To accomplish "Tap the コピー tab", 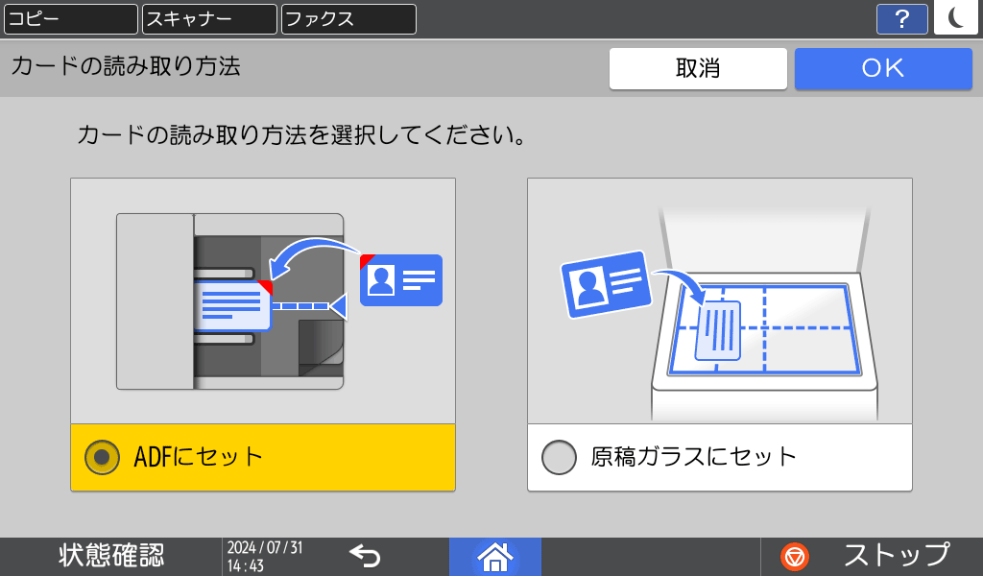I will click(x=70, y=19).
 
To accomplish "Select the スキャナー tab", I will click(x=209, y=19).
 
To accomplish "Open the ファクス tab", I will click(x=348, y=19).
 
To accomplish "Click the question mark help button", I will click(x=901, y=19).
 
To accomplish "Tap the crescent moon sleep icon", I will click(x=955, y=18).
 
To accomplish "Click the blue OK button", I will click(x=882, y=68).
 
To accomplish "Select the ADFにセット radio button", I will click(x=102, y=457).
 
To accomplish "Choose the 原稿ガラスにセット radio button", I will click(x=559, y=457).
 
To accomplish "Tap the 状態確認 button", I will click(x=111, y=556).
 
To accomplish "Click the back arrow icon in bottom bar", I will click(x=365, y=556).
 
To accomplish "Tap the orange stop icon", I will click(x=795, y=556).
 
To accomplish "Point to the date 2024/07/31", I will click(x=265, y=547).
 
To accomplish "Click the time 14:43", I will click(x=245, y=566).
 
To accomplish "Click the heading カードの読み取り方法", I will click(x=126, y=66).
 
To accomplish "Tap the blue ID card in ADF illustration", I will click(x=401, y=279).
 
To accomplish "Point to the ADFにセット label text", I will click(x=199, y=457).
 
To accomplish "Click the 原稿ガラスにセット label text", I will click(x=693, y=457).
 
